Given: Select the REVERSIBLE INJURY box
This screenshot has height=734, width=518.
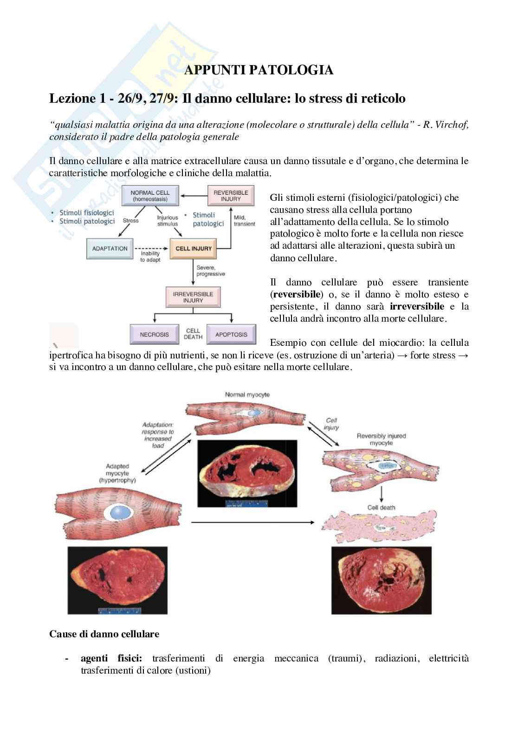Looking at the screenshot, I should (231, 196).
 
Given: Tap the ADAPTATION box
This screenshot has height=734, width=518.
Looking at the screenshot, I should (110, 249).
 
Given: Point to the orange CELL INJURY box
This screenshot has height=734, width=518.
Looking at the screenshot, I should (194, 249).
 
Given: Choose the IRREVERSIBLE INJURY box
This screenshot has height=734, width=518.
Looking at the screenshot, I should (193, 297).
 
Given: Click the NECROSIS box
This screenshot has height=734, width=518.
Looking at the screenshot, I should (155, 334).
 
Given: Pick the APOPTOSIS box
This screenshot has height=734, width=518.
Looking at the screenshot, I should (231, 334).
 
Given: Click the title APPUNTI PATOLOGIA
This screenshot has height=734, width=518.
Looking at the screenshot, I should (259, 70).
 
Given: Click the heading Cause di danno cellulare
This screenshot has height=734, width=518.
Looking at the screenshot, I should (104, 634).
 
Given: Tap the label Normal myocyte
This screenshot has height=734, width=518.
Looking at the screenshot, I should (247, 395).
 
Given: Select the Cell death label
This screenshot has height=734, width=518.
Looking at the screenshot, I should (381, 507).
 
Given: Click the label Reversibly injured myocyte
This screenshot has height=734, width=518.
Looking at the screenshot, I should (381, 439).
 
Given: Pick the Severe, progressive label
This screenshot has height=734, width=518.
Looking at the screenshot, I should (210, 271).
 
